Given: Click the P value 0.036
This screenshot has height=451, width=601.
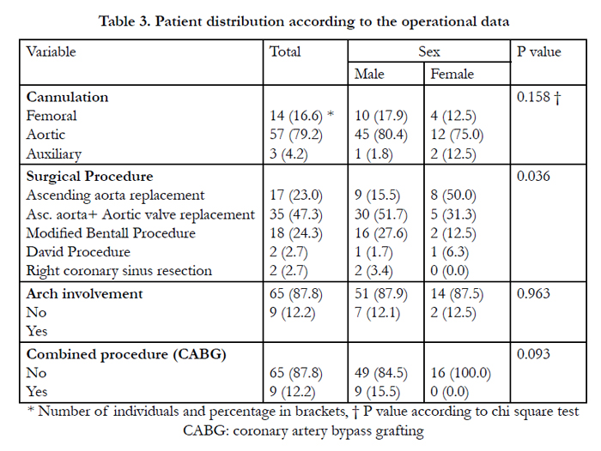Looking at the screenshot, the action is point(533,176).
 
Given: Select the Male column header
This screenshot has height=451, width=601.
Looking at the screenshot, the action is point(369,74).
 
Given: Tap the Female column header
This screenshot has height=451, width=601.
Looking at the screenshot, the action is point(452,74).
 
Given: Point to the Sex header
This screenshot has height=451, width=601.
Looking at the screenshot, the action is point(429,51).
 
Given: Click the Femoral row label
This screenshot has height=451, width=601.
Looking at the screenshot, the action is point(52,116).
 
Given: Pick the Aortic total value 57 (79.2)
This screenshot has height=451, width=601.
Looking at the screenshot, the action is point(296,135).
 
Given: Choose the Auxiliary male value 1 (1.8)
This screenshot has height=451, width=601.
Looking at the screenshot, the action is point(373,154).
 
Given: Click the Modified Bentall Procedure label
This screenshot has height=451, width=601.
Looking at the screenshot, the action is point(111,233).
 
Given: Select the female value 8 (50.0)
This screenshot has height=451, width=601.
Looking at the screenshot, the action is point(453,195).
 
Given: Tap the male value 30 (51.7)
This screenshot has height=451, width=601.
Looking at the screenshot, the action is point(381,214).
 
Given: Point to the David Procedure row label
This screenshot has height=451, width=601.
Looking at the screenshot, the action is point(78,252).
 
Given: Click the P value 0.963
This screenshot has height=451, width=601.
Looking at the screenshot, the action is point(533,293).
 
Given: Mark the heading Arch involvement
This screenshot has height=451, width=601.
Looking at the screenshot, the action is point(84,293).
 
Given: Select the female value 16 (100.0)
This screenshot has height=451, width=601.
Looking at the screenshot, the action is point(461,373).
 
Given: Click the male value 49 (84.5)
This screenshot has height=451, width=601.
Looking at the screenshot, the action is point(381,373).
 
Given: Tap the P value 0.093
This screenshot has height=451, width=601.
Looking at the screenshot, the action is point(533,354).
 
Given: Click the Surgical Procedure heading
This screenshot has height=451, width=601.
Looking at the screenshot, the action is point(89,176).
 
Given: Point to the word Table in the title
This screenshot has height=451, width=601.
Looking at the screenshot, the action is point(117,21).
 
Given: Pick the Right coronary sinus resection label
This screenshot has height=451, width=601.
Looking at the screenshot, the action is point(118,271).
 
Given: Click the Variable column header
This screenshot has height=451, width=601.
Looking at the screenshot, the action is point(51,51).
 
